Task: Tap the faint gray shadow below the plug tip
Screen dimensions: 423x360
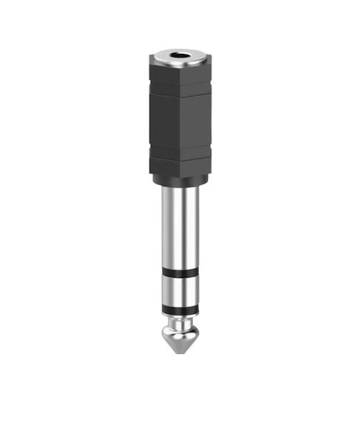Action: pyautogui.click(x=179, y=364)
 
